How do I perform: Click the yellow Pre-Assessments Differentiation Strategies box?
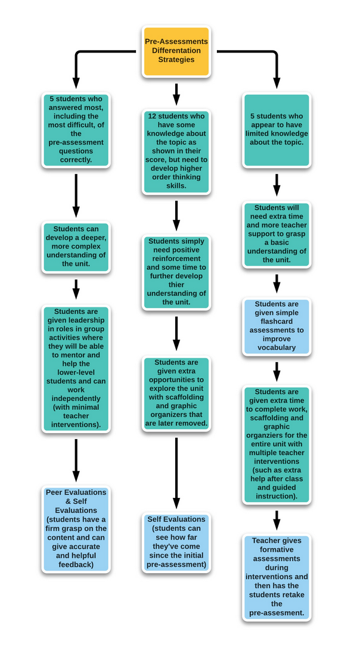pyautogui.click(x=176, y=51)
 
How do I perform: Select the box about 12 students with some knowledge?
pyautogui.click(x=176, y=151)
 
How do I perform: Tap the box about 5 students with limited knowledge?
pyautogui.click(x=277, y=130)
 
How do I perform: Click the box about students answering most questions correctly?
pyautogui.click(x=76, y=129)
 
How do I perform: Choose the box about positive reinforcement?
pyautogui.click(x=176, y=272)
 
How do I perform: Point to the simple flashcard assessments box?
pyautogui.click(x=277, y=326)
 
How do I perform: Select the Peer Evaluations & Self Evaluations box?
pyautogui.click(x=76, y=528)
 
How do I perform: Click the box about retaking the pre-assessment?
pyautogui.click(x=277, y=577)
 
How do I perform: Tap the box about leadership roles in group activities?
pyautogui.click(x=76, y=368)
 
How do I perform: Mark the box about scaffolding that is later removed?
pyautogui.click(x=176, y=393)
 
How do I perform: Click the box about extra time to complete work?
pyautogui.click(x=277, y=444)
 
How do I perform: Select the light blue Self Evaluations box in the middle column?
pyautogui.click(x=176, y=542)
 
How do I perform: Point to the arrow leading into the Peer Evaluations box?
pyautogui.click(x=76, y=460)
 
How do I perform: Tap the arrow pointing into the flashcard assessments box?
pyautogui.click(x=277, y=284)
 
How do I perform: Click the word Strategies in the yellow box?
pyautogui.click(x=176, y=60)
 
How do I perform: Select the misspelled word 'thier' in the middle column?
pyautogui.click(x=159, y=285)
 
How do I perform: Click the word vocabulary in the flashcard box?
pyautogui.click(x=277, y=347)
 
